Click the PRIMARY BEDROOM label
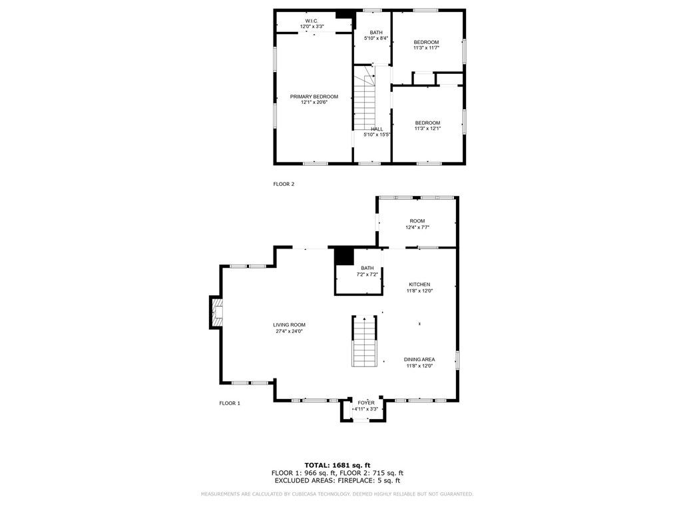[x=314, y=97]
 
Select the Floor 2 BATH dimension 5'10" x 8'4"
[x=376, y=39]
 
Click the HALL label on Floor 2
[x=377, y=129]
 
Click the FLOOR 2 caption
[x=283, y=184]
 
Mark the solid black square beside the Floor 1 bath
[x=343, y=256]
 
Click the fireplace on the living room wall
[x=217, y=312]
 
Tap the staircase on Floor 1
[x=364, y=340]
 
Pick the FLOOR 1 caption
[x=230, y=403]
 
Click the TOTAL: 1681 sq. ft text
[x=337, y=465]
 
